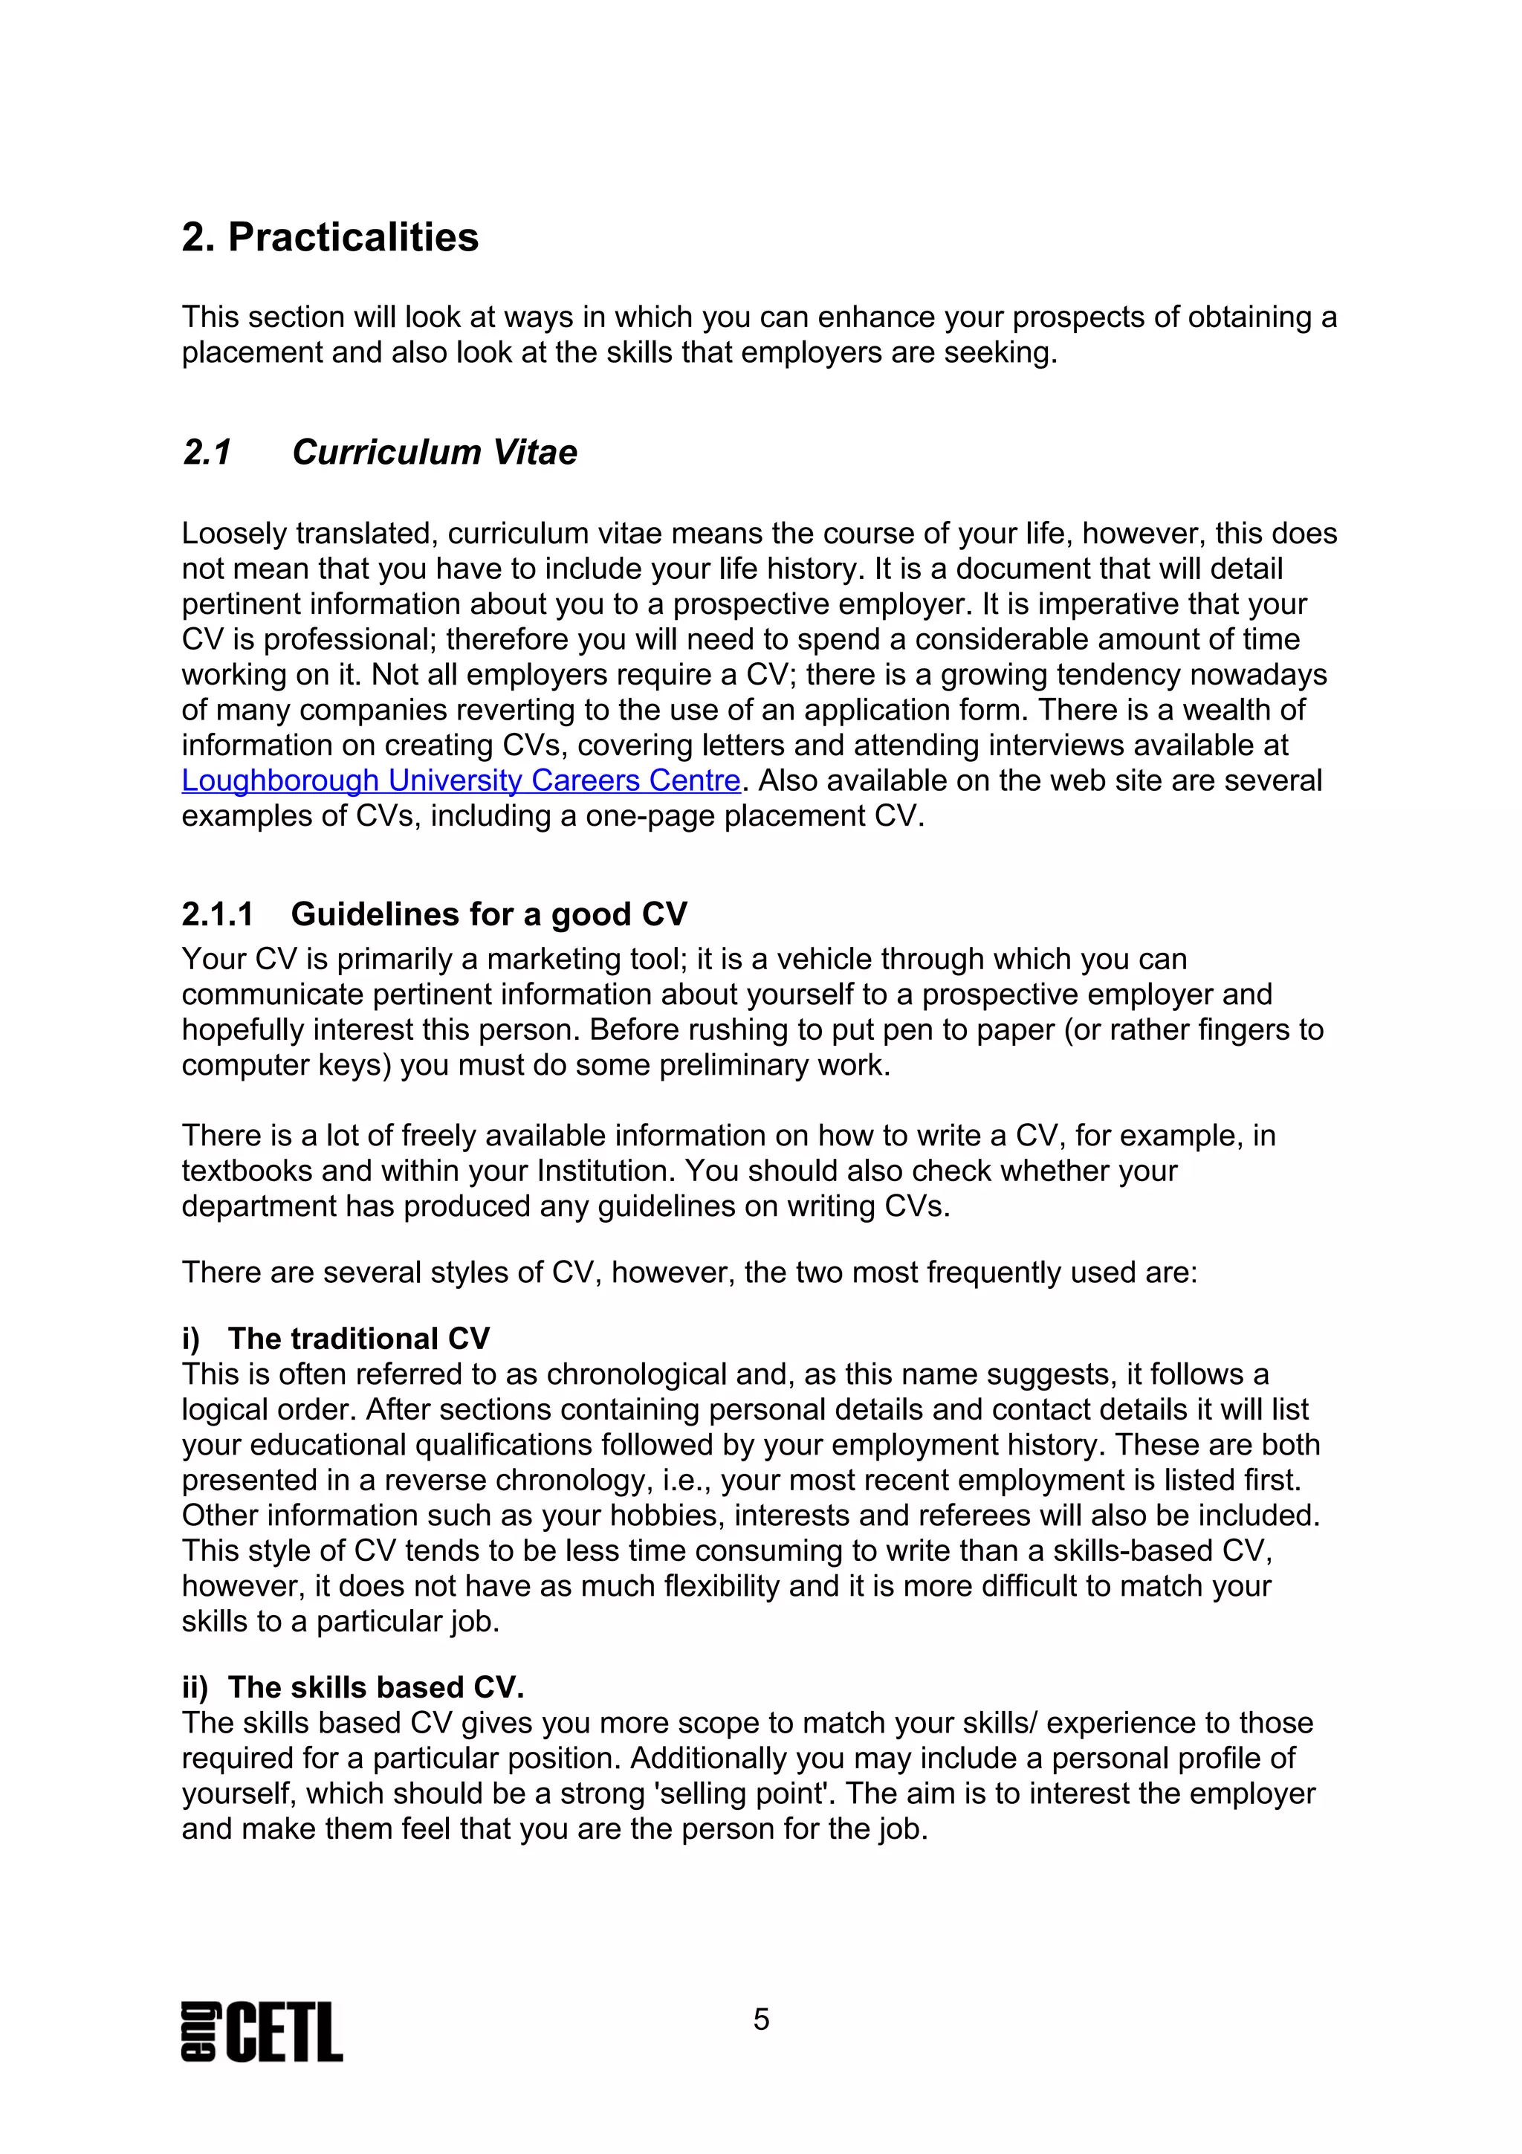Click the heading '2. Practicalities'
click(x=330, y=237)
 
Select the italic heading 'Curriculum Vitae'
click(x=434, y=452)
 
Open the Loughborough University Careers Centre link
click(x=461, y=780)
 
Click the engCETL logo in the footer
click(x=262, y=2031)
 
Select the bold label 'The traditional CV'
click(x=358, y=1338)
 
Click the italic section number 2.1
click(x=207, y=452)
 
